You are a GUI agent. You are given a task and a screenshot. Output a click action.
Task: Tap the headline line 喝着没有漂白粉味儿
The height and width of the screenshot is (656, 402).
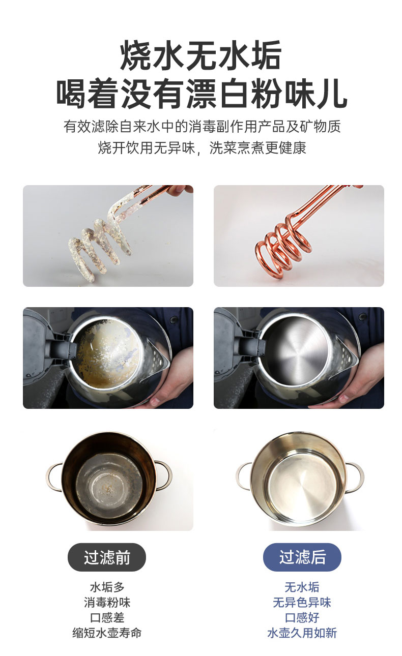(x=202, y=94)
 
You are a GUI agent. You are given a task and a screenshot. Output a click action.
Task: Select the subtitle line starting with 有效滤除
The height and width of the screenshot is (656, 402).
(x=202, y=127)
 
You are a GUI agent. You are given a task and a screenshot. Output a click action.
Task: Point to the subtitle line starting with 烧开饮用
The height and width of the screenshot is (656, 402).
(x=202, y=147)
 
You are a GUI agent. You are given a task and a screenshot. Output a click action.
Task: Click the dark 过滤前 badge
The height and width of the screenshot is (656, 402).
(x=107, y=557)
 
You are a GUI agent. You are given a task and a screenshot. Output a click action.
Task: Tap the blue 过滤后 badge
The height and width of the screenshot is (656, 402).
(x=302, y=557)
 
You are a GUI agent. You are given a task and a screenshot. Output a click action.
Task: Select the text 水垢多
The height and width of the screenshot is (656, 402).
(x=107, y=587)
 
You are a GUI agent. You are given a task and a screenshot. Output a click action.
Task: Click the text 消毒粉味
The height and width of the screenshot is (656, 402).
(x=107, y=603)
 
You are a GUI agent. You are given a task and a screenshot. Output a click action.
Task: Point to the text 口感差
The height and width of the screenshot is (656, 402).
(x=107, y=618)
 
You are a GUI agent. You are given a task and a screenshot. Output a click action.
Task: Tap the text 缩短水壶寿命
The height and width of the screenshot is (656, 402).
(x=107, y=633)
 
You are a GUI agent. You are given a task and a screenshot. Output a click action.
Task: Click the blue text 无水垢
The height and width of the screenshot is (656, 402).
(x=302, y=587)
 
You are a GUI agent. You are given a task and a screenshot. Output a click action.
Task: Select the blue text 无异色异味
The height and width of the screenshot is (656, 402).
(x=302, y=603)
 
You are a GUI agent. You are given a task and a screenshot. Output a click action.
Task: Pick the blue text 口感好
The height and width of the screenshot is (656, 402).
(x=302, y=618)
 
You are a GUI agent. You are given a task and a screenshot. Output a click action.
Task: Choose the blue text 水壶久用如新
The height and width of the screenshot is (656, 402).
(x=302, y=633)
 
